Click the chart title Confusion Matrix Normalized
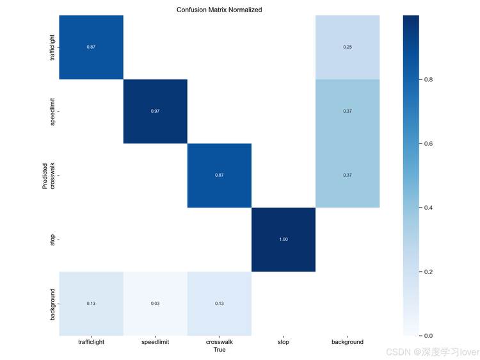tap(219, 10)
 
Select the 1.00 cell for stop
tap(284, 240)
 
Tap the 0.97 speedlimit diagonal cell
tap(156, 111)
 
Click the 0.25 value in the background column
tap(348, 47)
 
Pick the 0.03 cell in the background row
tap(156, 304)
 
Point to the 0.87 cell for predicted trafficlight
tap(92, 47)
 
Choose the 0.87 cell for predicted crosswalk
tap(220, 176)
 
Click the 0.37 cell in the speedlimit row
tap(348, 111)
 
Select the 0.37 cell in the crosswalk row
tap(348, 176)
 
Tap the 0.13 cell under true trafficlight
tap(92, 304)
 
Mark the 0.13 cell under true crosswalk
tap(220, 304)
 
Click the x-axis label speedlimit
tap(156, 342)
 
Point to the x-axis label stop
tap(284, 342)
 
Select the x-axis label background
tap(348, 342)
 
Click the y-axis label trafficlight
tap(52, 47)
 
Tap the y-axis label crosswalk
tap(52, 176)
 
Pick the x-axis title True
tap(220, 350)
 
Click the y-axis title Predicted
tap(45, 176)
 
